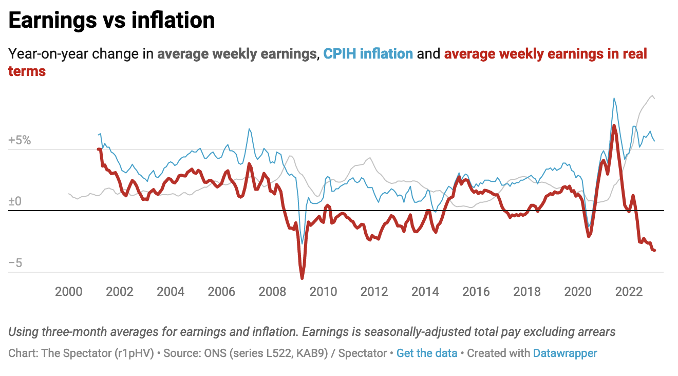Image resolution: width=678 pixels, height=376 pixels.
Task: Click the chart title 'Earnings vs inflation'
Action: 111,21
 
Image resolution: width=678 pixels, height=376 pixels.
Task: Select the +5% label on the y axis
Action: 20,140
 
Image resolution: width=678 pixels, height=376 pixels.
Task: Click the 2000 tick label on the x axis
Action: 68,292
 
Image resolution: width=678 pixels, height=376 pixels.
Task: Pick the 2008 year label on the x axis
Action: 272,292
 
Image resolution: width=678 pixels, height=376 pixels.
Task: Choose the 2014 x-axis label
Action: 425,292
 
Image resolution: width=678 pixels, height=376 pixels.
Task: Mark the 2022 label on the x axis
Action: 629,292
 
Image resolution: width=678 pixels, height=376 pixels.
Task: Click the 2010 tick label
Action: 323,292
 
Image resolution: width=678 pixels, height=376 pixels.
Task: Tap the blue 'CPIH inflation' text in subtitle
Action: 368,54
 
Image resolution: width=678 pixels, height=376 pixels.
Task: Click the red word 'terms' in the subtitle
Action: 27,71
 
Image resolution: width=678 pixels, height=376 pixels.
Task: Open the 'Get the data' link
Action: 427,353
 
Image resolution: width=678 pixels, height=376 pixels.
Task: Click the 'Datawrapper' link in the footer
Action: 565,353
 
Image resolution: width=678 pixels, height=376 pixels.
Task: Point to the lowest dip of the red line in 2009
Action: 302,278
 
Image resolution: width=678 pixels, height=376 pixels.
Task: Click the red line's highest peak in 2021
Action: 614,125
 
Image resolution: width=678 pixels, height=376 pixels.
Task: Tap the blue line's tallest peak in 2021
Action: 613,98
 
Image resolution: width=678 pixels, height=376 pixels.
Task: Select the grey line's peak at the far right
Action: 652,96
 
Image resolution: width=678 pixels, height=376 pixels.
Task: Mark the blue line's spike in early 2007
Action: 249,129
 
